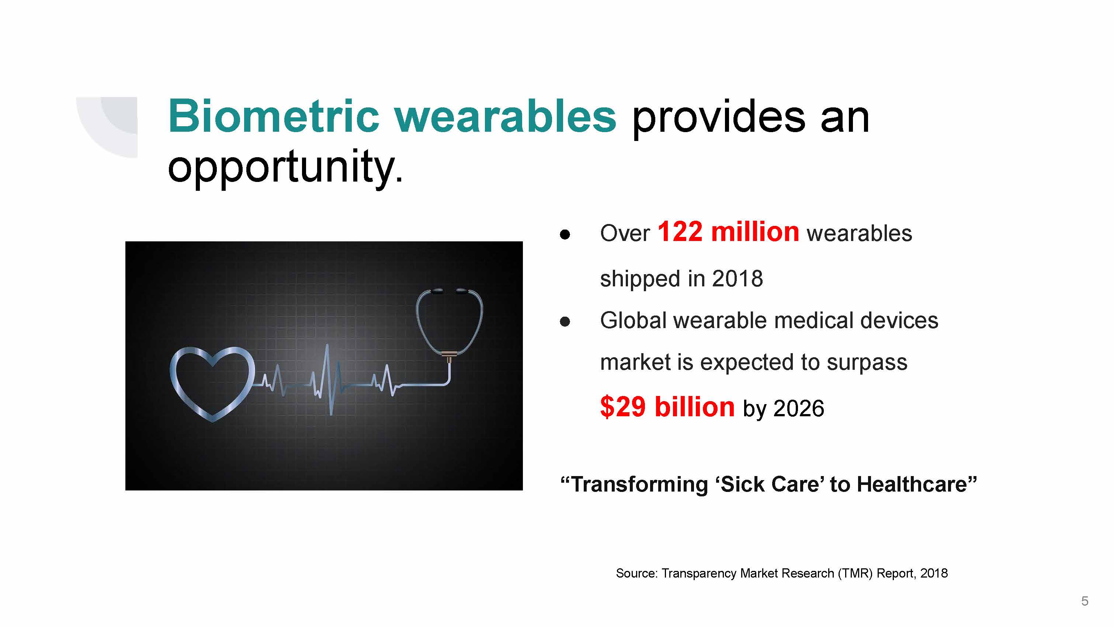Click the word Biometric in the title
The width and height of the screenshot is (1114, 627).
[274, 116]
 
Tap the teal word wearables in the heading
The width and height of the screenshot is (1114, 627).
[506, 116]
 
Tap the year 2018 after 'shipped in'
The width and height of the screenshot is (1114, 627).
[738, 278]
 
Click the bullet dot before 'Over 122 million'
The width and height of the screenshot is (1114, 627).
[565, 235]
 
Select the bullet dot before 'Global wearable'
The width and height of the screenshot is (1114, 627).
[565, 321]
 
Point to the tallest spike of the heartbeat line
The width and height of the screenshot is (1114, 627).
[327, 345]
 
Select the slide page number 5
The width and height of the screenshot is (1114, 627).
[1084, 601]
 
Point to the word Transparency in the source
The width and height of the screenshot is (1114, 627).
[699, 573]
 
